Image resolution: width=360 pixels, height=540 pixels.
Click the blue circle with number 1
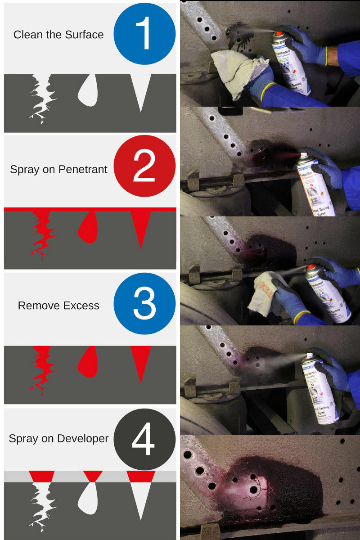pos(144,34)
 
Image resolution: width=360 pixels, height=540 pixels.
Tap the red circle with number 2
pos(144,166)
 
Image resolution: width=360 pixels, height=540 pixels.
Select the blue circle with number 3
pos(144,303)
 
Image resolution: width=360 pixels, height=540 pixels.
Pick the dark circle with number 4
pos(144,439)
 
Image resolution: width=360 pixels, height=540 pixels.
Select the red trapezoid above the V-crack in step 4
pos(141,476)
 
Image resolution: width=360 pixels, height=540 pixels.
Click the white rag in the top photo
pos(233,72)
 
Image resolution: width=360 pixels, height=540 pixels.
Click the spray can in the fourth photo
pos(319,387)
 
